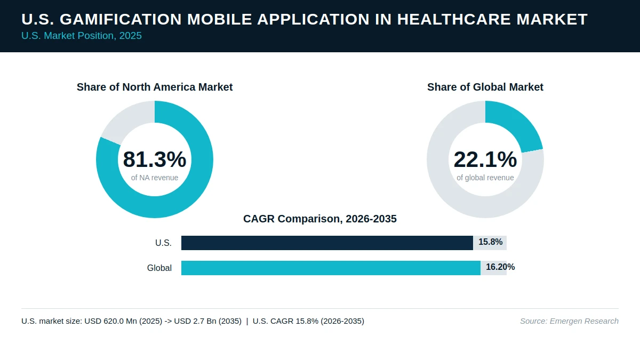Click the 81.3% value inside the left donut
coord(155,159)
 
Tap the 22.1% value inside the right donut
coord(485,159)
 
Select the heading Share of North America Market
coord(155,87)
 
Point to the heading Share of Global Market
coord(485,87)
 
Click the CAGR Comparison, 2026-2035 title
coord(319,219)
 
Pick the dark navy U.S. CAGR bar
coord(327,243)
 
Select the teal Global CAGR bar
coord(331,268)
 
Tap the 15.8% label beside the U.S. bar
coord(490,242)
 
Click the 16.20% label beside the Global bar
coord(500,267)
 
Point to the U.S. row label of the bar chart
coord(163,243)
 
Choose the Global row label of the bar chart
coord(159,268)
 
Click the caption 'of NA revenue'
coord(155,178)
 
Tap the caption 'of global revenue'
coord(485,178)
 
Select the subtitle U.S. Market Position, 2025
coord(82,36)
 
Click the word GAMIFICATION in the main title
coord(121,19)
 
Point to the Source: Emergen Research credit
coord(569,321)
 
